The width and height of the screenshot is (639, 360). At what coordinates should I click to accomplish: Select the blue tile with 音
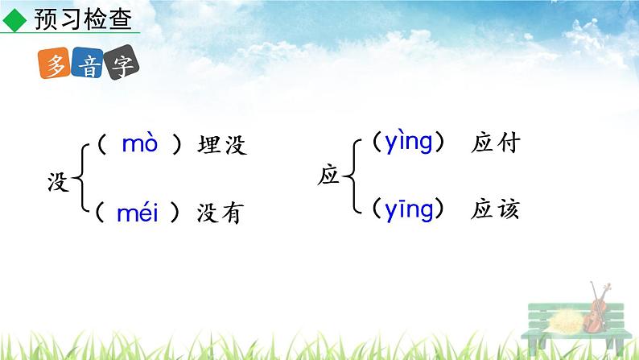[x=88, y=67]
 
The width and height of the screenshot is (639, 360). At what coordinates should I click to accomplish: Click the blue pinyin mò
[x=140, y=144]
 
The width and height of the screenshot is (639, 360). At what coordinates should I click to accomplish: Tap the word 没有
[x=220, y=215]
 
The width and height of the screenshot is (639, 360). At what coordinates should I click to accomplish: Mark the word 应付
[x=495, y=143]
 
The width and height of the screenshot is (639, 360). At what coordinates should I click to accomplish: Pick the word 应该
[x=495, y=210]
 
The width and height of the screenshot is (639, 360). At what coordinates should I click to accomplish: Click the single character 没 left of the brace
[x=60, y=180]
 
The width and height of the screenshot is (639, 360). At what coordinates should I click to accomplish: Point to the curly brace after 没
[x=81, y=180]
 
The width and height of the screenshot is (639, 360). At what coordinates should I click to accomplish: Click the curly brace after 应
[x=352, y=176]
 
